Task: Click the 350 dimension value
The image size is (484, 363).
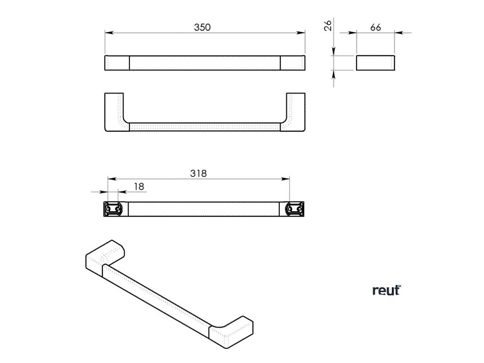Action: [x=202, y=27]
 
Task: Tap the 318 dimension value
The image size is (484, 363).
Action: [x=199, y=173]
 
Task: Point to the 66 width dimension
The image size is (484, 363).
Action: [x=376, y=27]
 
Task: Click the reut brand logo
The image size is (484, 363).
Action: [x=386, y=291]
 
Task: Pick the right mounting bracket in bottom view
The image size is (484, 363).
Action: [x=294, y=209]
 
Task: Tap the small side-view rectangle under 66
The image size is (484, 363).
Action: [x=376, y=63]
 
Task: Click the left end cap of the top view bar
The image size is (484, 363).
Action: [x=117, y=63]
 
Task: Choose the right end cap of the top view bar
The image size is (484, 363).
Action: [x=293, y=63]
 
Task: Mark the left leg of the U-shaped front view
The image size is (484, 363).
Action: [x=115, y=111]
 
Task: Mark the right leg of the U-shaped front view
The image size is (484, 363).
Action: [x=294, y=111]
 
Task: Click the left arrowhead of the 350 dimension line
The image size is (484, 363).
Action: [x=108, y=33]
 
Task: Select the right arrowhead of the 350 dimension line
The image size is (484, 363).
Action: [x=302, y=33]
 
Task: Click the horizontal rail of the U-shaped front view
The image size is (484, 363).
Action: [x=205, y=126]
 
